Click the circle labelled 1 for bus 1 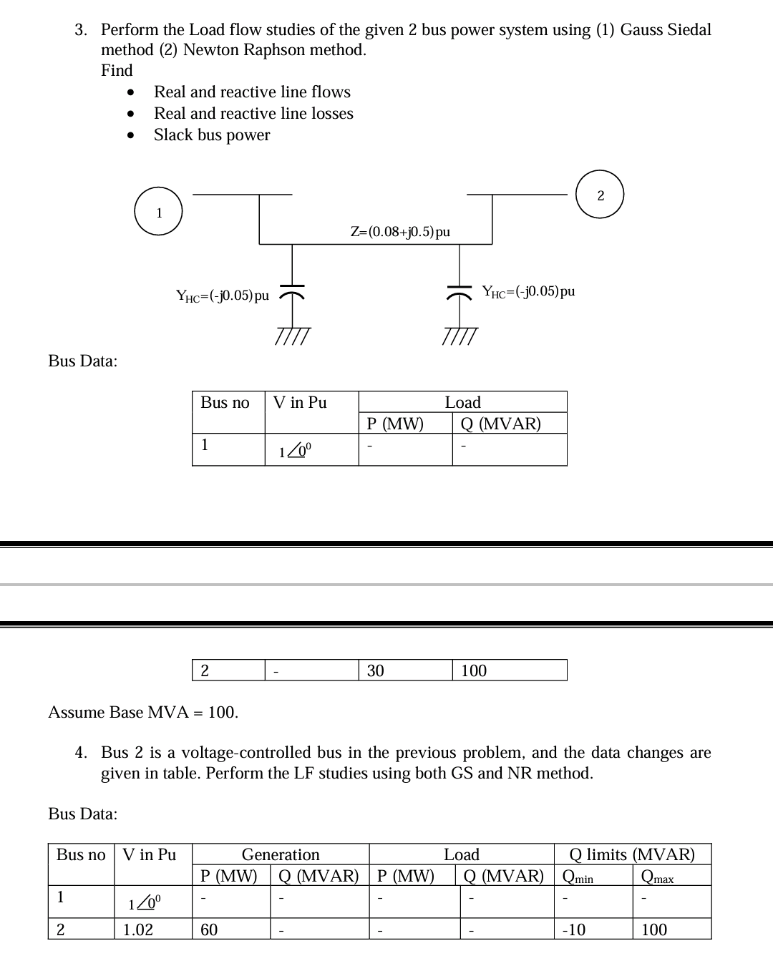click(x=159, y=213)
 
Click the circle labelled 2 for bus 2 click(x=600, y=195)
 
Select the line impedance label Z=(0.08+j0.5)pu click(x=400, y=232)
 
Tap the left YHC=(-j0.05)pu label click(x=223, y=296)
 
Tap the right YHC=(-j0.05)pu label click(x=528, y=291)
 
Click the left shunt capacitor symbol click(x=291, y=295)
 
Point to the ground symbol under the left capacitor click(x=292, y=336)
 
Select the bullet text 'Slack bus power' click(x=212, y=135)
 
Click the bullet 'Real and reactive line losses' click(x=253, y=114)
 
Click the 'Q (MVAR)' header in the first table click(x=501, y=424)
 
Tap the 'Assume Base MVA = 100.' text click(x=143, y=712)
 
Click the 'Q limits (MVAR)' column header click(x=632, y=854)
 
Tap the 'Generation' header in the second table click(x=281, y=854)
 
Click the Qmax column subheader click(x=658, y=877)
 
